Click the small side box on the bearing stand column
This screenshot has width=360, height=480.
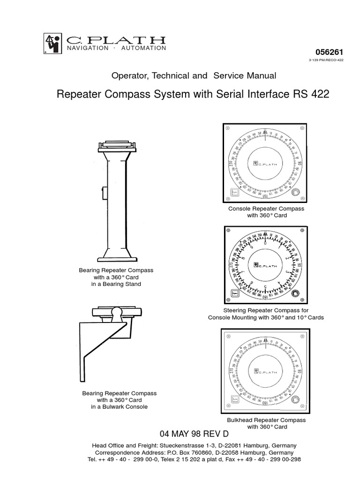[x=105, y=192]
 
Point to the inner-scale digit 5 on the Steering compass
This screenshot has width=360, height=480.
[x=265, y=287]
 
